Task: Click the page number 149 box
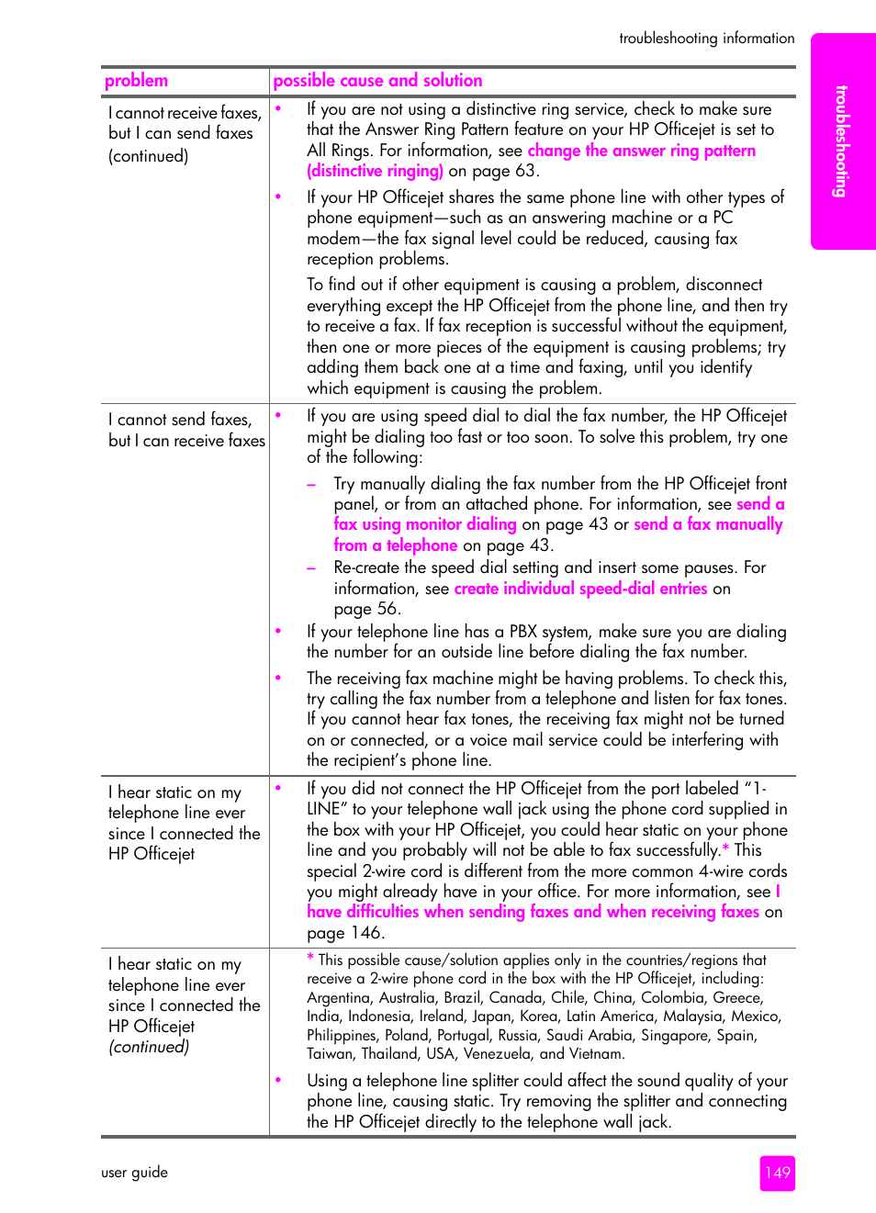(x=777, y=1173)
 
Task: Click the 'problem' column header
(x=136, y=81)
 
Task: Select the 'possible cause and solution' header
(x=377, y=81)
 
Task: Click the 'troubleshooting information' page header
(x=706, y=39)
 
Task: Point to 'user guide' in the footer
(x=134, y=1173)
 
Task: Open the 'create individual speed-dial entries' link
(x=580, y=589)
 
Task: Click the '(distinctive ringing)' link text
(x=375, y=171)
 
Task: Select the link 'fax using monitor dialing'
(x=425, y=524)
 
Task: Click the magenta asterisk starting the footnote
(x=310, y=959)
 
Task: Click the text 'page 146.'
(x=345, y=933)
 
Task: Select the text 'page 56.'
(x=366, y=609)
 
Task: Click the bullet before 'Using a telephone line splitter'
(x=278, y=1080)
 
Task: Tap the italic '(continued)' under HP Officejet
(x=149, y=1047)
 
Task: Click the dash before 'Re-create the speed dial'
(x=311, y=567)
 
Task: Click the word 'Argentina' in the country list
(x=341, y=997)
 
